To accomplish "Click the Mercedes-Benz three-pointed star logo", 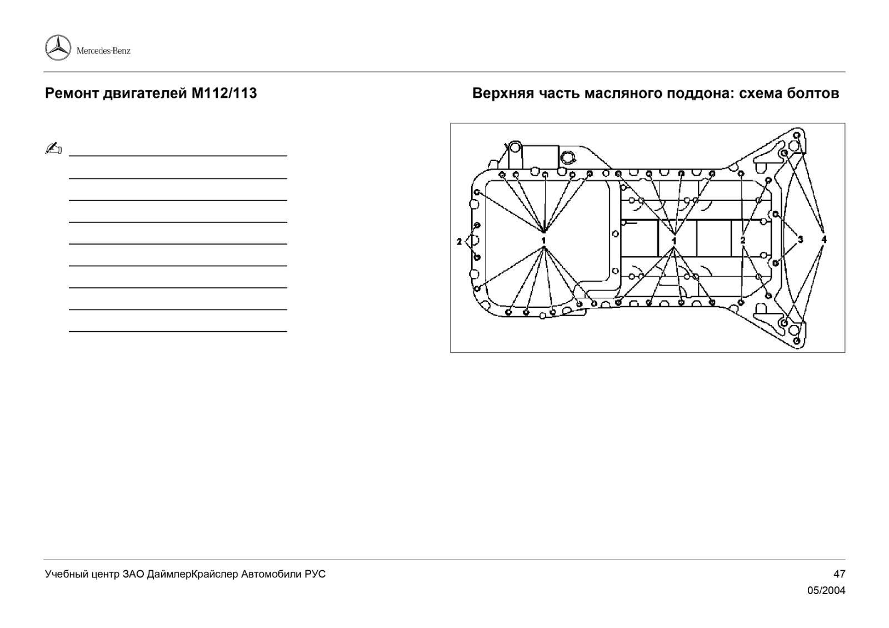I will [x=58, y=48].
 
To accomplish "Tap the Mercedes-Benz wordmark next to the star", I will [x=103, y=51].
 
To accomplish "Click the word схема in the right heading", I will [x=762, y=93].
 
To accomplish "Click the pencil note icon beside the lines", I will [x=53, y=148].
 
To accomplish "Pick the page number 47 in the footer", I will [x=839, y=574].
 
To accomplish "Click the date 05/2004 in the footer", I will [x=826, y=591].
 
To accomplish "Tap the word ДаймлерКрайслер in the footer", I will [x=193, y=574].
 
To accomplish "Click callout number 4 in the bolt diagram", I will [x=824, y=240].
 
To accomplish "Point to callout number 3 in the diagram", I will [x=800, y=240].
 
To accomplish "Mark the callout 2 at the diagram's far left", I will [x=459, y=241].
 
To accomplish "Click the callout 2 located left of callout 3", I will [x=743, y=240].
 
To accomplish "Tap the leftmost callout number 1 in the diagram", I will [x=544, y=240].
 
